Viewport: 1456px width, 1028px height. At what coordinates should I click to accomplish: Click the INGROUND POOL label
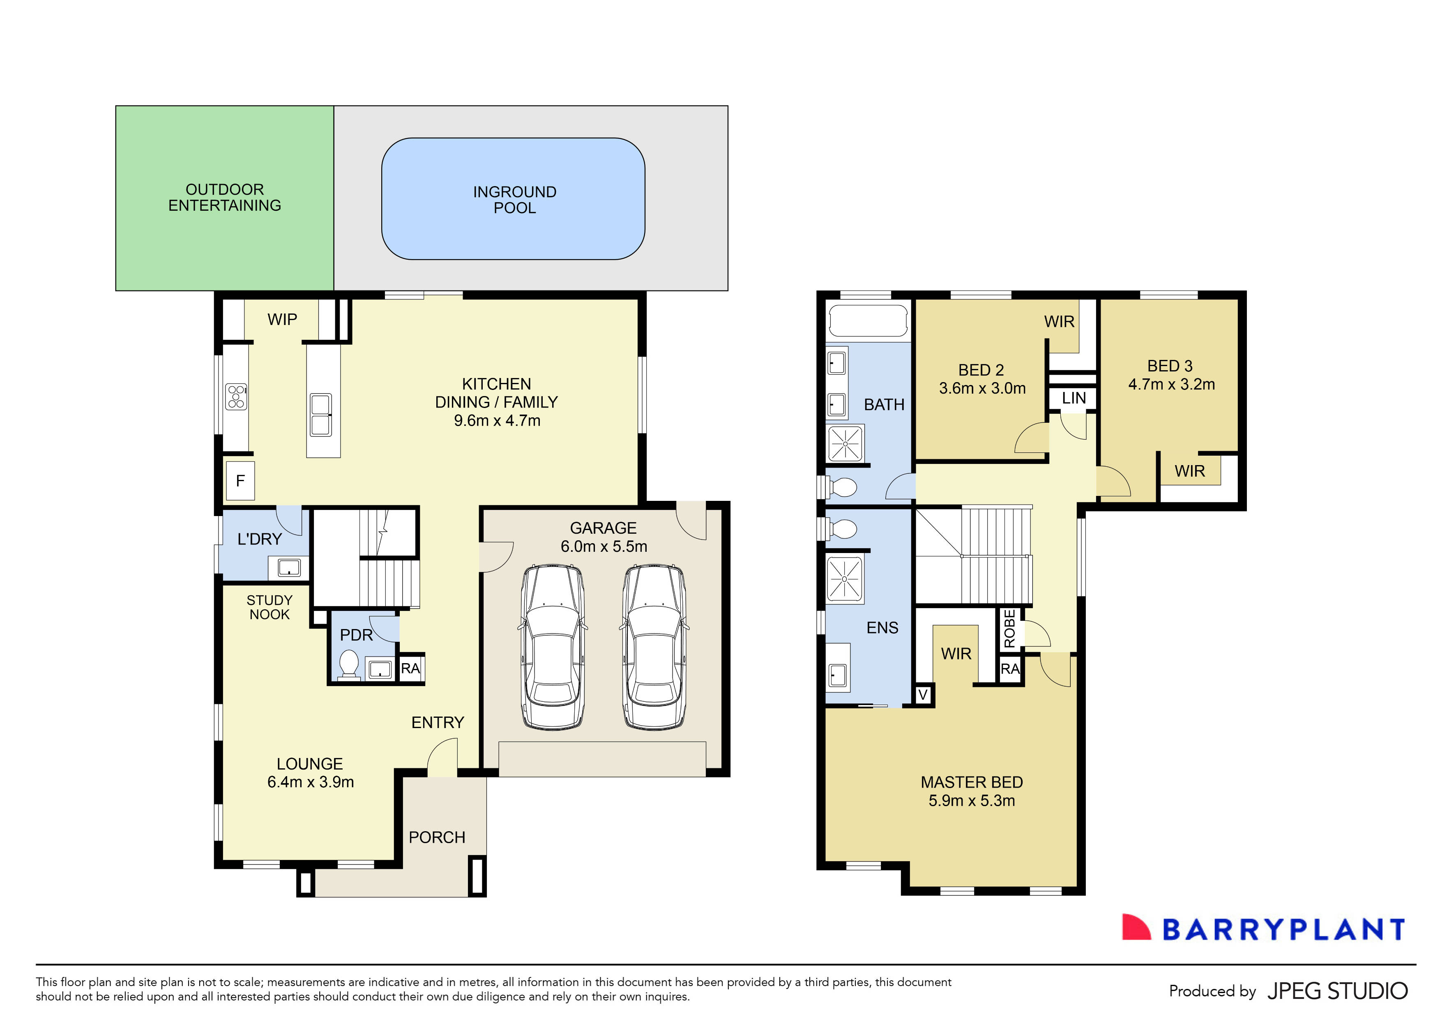514,200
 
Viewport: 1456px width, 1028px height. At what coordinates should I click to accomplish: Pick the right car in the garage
654,647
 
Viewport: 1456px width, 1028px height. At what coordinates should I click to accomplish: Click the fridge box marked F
240,481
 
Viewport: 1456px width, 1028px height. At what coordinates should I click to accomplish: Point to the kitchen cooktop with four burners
236,397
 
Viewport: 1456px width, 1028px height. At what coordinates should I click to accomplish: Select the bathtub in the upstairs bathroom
868,322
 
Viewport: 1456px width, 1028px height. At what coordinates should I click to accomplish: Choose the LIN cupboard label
1074,398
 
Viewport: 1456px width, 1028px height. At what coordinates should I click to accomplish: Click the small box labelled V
923,695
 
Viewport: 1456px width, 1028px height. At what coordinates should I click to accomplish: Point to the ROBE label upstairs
1009,629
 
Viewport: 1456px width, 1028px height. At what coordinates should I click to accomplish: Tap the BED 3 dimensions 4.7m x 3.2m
1171,384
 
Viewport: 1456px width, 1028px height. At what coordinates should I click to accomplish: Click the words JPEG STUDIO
1337,991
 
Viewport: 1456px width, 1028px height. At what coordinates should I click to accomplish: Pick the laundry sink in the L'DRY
289,567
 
